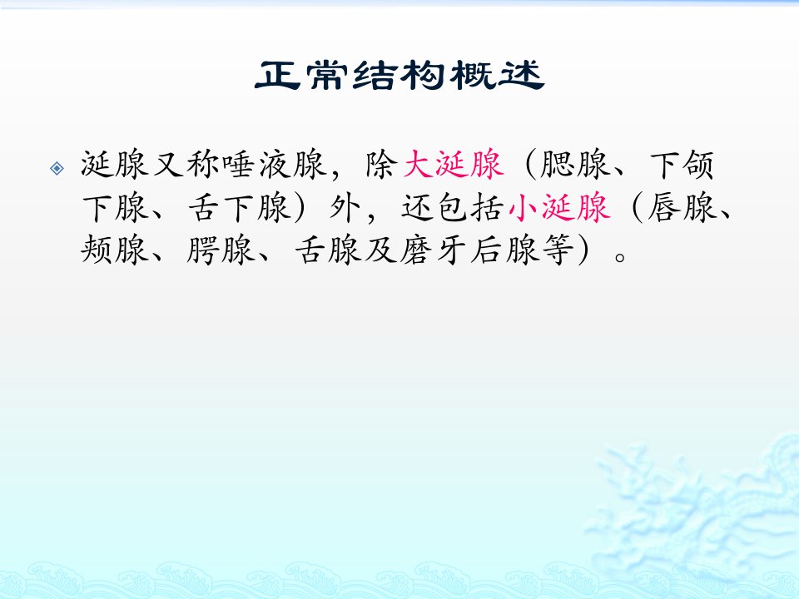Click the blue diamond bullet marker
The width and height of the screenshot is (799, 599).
click(57, 167)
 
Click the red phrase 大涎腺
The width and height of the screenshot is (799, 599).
click(453, 164)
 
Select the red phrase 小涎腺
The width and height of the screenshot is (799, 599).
click(559, 207)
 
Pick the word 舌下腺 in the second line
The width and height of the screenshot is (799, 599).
click(239, 207)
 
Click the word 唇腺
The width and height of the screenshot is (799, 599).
click(682, 207)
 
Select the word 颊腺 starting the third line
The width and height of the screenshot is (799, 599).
click(115, 250)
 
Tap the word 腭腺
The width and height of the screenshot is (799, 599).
click(221, 250)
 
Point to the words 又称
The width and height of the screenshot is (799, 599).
click(186, 164)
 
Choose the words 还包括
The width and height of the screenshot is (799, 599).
click(453, 207)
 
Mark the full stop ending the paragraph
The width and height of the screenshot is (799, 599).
click(619, 256)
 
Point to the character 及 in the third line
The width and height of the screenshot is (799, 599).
click(380, 250)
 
